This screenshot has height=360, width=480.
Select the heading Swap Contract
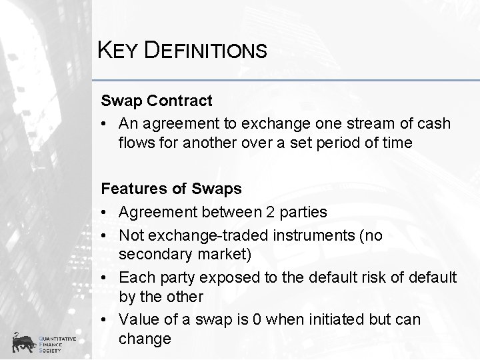click(x=157, y=101)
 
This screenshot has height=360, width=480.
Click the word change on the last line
click(x=145, y=339)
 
